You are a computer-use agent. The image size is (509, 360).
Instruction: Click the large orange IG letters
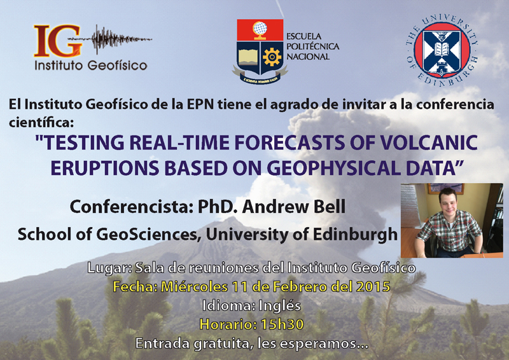coord(57,41)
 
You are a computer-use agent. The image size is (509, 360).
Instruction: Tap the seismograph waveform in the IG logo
coord(110,39)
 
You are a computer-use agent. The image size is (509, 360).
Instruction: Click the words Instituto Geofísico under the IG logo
coord(91,66)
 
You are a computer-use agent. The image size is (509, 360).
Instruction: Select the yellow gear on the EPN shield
coord(272,57)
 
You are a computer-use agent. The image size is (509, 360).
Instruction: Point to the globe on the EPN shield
coord(260,28)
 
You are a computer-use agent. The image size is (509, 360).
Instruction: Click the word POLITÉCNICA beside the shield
coord(312,46)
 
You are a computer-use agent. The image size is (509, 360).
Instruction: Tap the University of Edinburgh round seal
coord(442,50)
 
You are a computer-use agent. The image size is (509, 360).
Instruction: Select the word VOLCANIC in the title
coord(428,143)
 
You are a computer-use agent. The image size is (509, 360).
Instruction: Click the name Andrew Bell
coord(294,207)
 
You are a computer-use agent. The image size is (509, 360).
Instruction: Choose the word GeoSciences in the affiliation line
coord(147,234)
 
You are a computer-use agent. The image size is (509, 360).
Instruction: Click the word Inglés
coord(279,306)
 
